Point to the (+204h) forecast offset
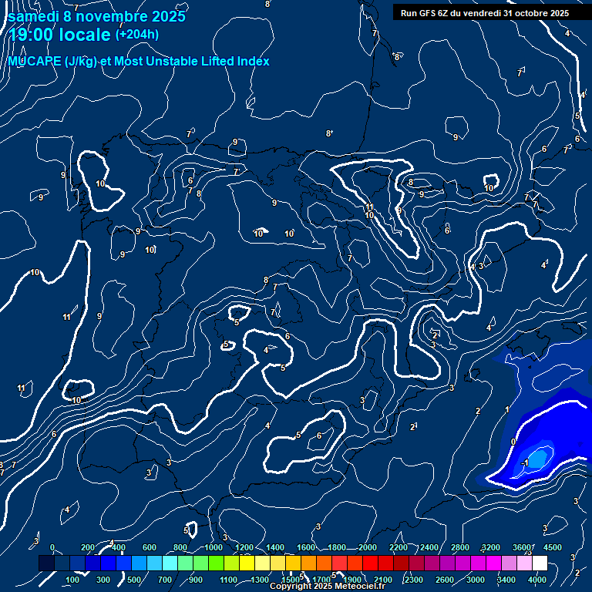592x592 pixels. pyautogui.click(x=137, y=34)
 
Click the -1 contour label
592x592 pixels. pyautogui.click(x=525, y=462)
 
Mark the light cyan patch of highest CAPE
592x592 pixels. pyautogui.click(x=537, y=457)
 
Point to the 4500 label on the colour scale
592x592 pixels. pyautogui.click(x=553, y=548)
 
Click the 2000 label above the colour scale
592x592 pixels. pyautogui.click(x=368, y=548)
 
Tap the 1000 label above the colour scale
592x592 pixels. pyautogui.click(x=214, y=548)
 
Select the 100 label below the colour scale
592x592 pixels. pyautogui.click(x=72, y=580)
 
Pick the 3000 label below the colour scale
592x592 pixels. pyautogui.click(x=476, y=580)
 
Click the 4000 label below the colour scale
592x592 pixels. pyautogui.click(x=537, y=580)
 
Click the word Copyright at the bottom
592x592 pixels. pyautogui.click(x=291, y=587)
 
